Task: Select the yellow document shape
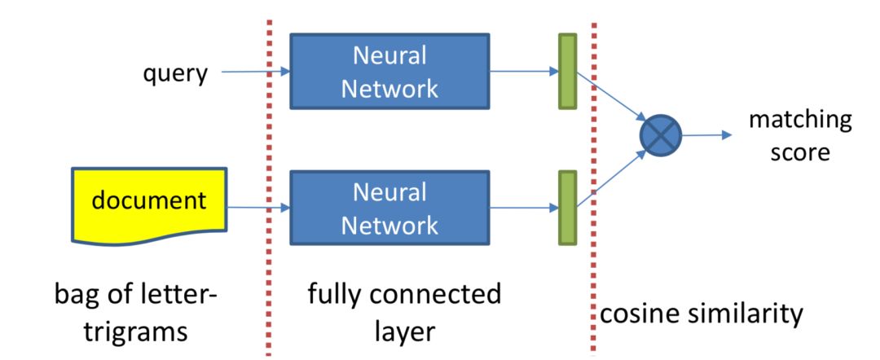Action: pyautogui.click(x=148, y=204)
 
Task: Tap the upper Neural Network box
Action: pyautogui.click(x=389, y=72)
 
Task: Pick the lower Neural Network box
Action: pyautogui.click(x=389, y=209)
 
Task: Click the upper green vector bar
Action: pyautogui.click(x=567, y=72)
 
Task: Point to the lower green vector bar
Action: pyautogui.click(x=567, y=209)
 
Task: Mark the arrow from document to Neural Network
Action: pyautogui.click(x=258, y=209)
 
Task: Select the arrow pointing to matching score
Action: pyautogui.click(x=706, y=136)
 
